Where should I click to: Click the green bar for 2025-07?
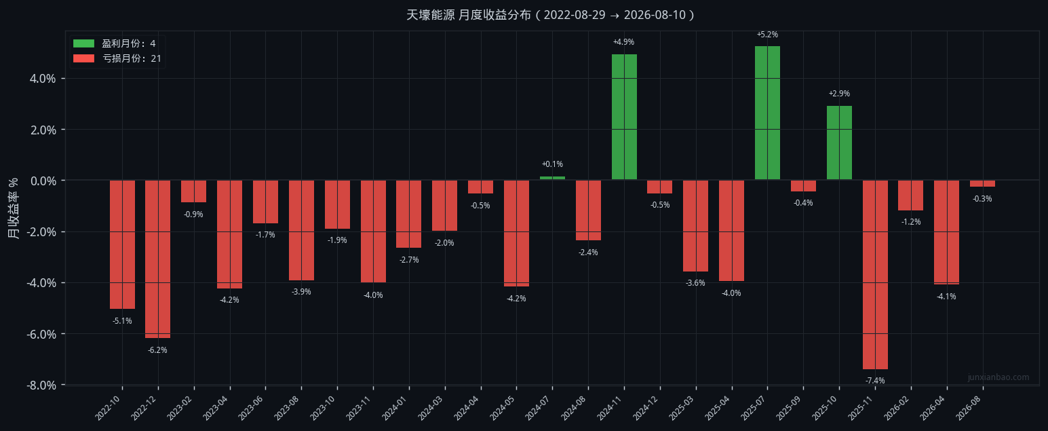[767, 113]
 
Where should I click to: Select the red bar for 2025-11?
[875, 275]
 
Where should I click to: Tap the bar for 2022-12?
[157, 259]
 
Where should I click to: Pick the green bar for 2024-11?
[624, 117]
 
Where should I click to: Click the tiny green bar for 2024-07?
[553, 179]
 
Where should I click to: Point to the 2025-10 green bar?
[839, 143]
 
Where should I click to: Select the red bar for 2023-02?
[194, 191]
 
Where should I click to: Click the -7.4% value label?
[875, 381]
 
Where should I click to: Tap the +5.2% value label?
[767, 35]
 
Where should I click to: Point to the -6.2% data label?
[157, 350]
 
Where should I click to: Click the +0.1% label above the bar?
[553, 164]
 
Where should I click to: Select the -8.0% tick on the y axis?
[41, 385]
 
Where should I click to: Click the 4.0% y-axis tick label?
[43, 78]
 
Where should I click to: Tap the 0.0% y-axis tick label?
[43, 181]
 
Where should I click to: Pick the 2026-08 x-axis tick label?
[969, 408]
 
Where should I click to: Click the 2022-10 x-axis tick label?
[108, 408]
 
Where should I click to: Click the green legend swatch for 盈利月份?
[83, 43]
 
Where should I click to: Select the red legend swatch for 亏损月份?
[83, 58]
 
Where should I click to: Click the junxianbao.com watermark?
[998, 377]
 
